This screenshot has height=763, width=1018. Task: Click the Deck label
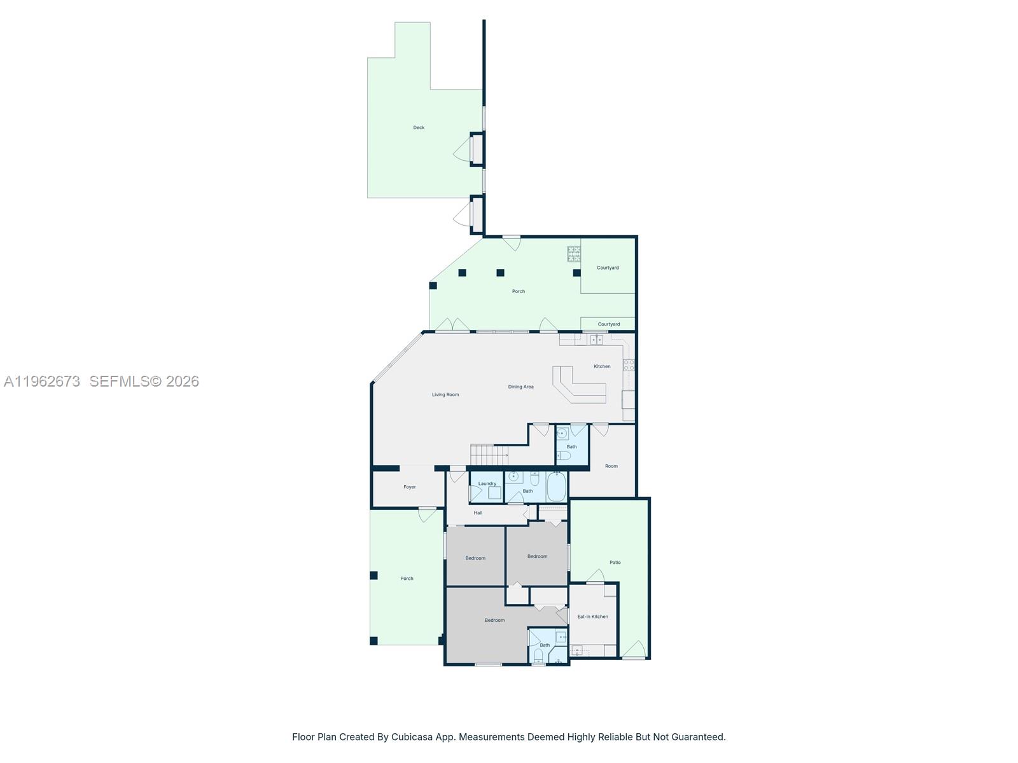click(x=419, y=128)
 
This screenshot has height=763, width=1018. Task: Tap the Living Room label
click(x=445, y=395)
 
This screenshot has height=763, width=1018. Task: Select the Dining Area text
click(x=520, y=387)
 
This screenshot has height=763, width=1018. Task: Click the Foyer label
click(x=410, y=487)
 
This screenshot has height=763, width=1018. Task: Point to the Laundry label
click(x=487, y=484)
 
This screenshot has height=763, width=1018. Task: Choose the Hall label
click(x=478, y=513)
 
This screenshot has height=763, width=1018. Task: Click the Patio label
click(x=615, y=563)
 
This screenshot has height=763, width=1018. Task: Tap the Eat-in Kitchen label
click(x=592, y=617)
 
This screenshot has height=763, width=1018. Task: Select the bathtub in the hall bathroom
click(x=556, y=487)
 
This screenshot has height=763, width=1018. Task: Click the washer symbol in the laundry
click(x=494, y=493)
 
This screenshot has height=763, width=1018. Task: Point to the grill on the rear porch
click(x=574, y=254)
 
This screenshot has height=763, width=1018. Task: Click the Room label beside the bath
click(x=611, y=466)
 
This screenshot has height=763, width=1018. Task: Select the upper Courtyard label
click(x=608, y=268)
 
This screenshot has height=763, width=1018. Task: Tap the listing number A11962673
click(x=42, y=381)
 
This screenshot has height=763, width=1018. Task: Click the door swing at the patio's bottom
click(x=634, y=649)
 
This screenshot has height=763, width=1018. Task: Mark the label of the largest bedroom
click(x=494, y=621)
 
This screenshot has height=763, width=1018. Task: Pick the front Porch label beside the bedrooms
click(x=407, y=579)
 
